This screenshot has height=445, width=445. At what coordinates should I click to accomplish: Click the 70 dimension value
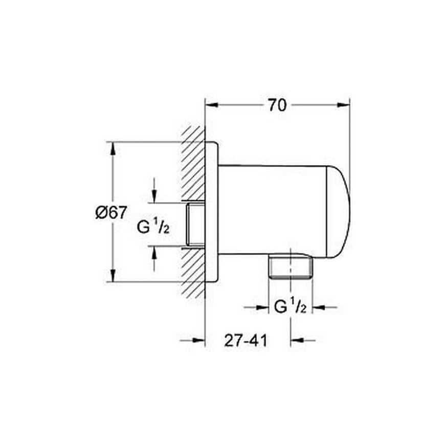[277, 105]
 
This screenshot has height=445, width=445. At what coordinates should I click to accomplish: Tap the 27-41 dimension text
[246, 340]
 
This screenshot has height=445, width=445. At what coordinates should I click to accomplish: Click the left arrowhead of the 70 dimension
[212, 105]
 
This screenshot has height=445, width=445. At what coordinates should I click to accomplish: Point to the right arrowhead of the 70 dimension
[343, 105]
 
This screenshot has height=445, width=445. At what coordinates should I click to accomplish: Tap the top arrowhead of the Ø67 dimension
[113, 148]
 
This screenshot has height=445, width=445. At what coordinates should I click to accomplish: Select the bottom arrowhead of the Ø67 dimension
[113, 275]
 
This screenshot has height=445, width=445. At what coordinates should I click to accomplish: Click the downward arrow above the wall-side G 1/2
[154, 190]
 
